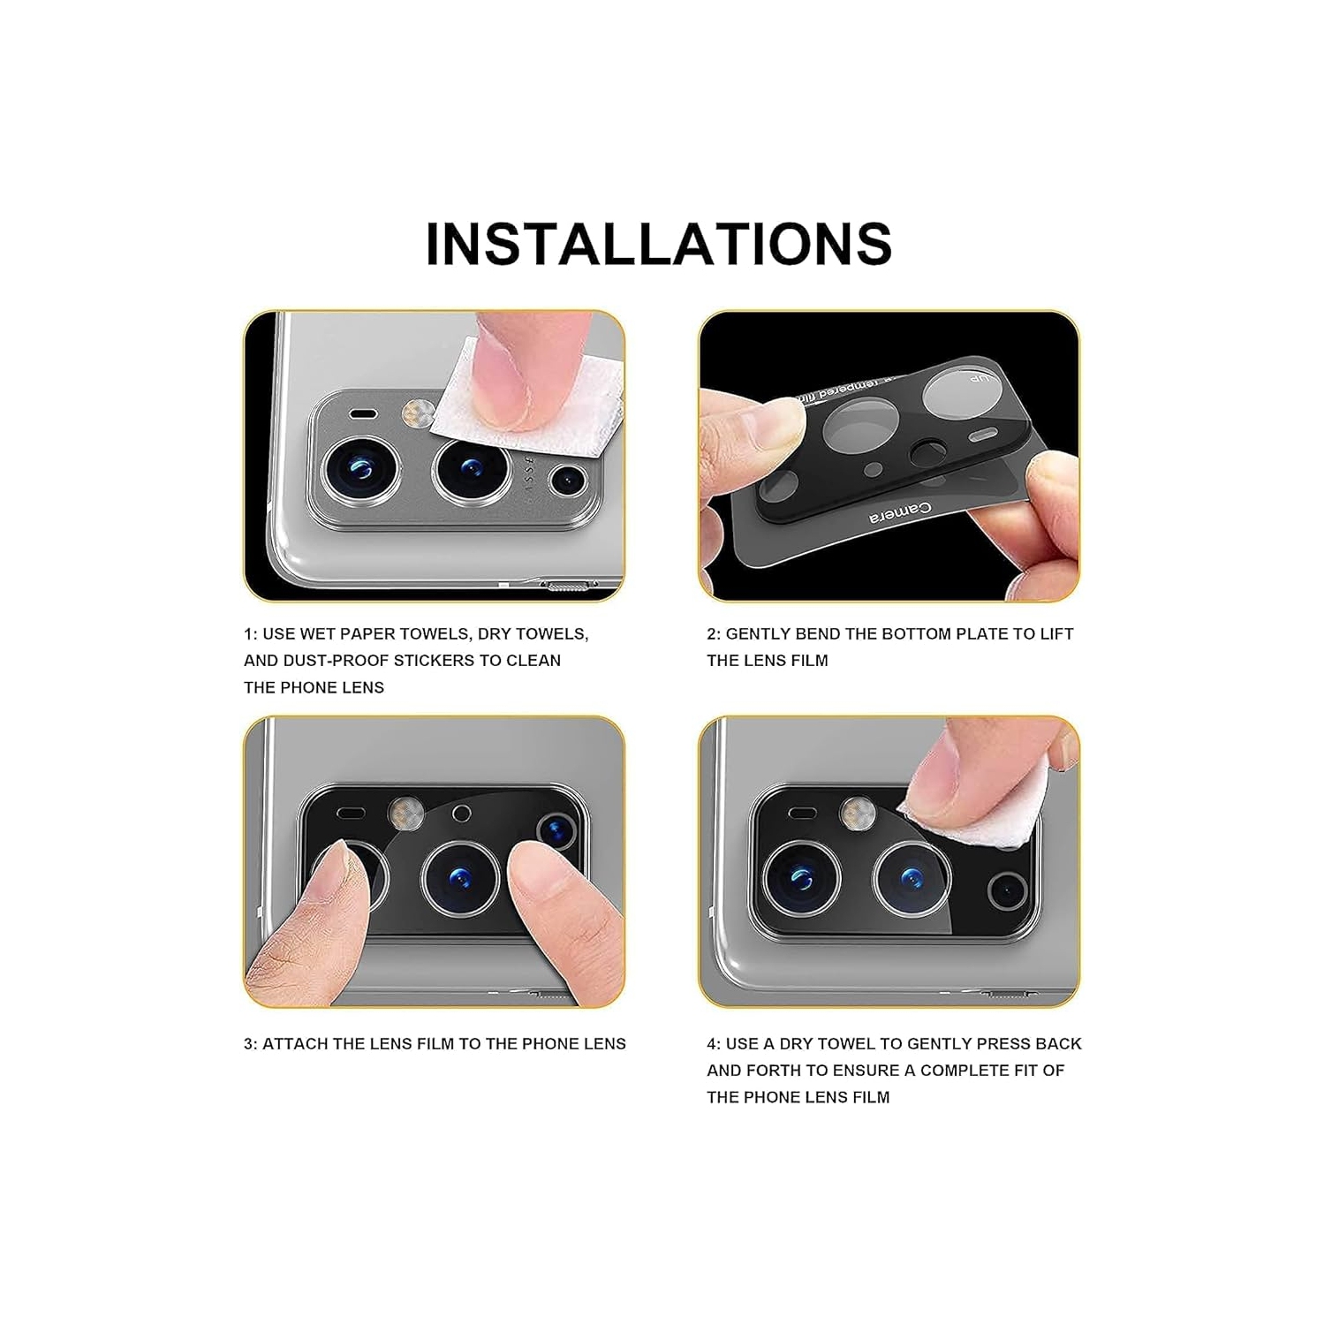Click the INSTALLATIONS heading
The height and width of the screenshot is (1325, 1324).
click(658, 244)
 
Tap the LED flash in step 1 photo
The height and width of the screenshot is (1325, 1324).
click(418, 412)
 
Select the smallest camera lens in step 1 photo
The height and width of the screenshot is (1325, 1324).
click(567, 481)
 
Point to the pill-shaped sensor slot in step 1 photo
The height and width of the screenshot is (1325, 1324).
click(362, 413)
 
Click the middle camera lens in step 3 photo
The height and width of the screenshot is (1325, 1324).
click(462, 878)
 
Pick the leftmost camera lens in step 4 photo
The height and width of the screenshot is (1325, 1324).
click(801, 878)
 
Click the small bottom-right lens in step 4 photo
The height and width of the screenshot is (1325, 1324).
click(1006, 890)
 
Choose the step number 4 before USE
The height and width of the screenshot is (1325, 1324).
click(712, 1044)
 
